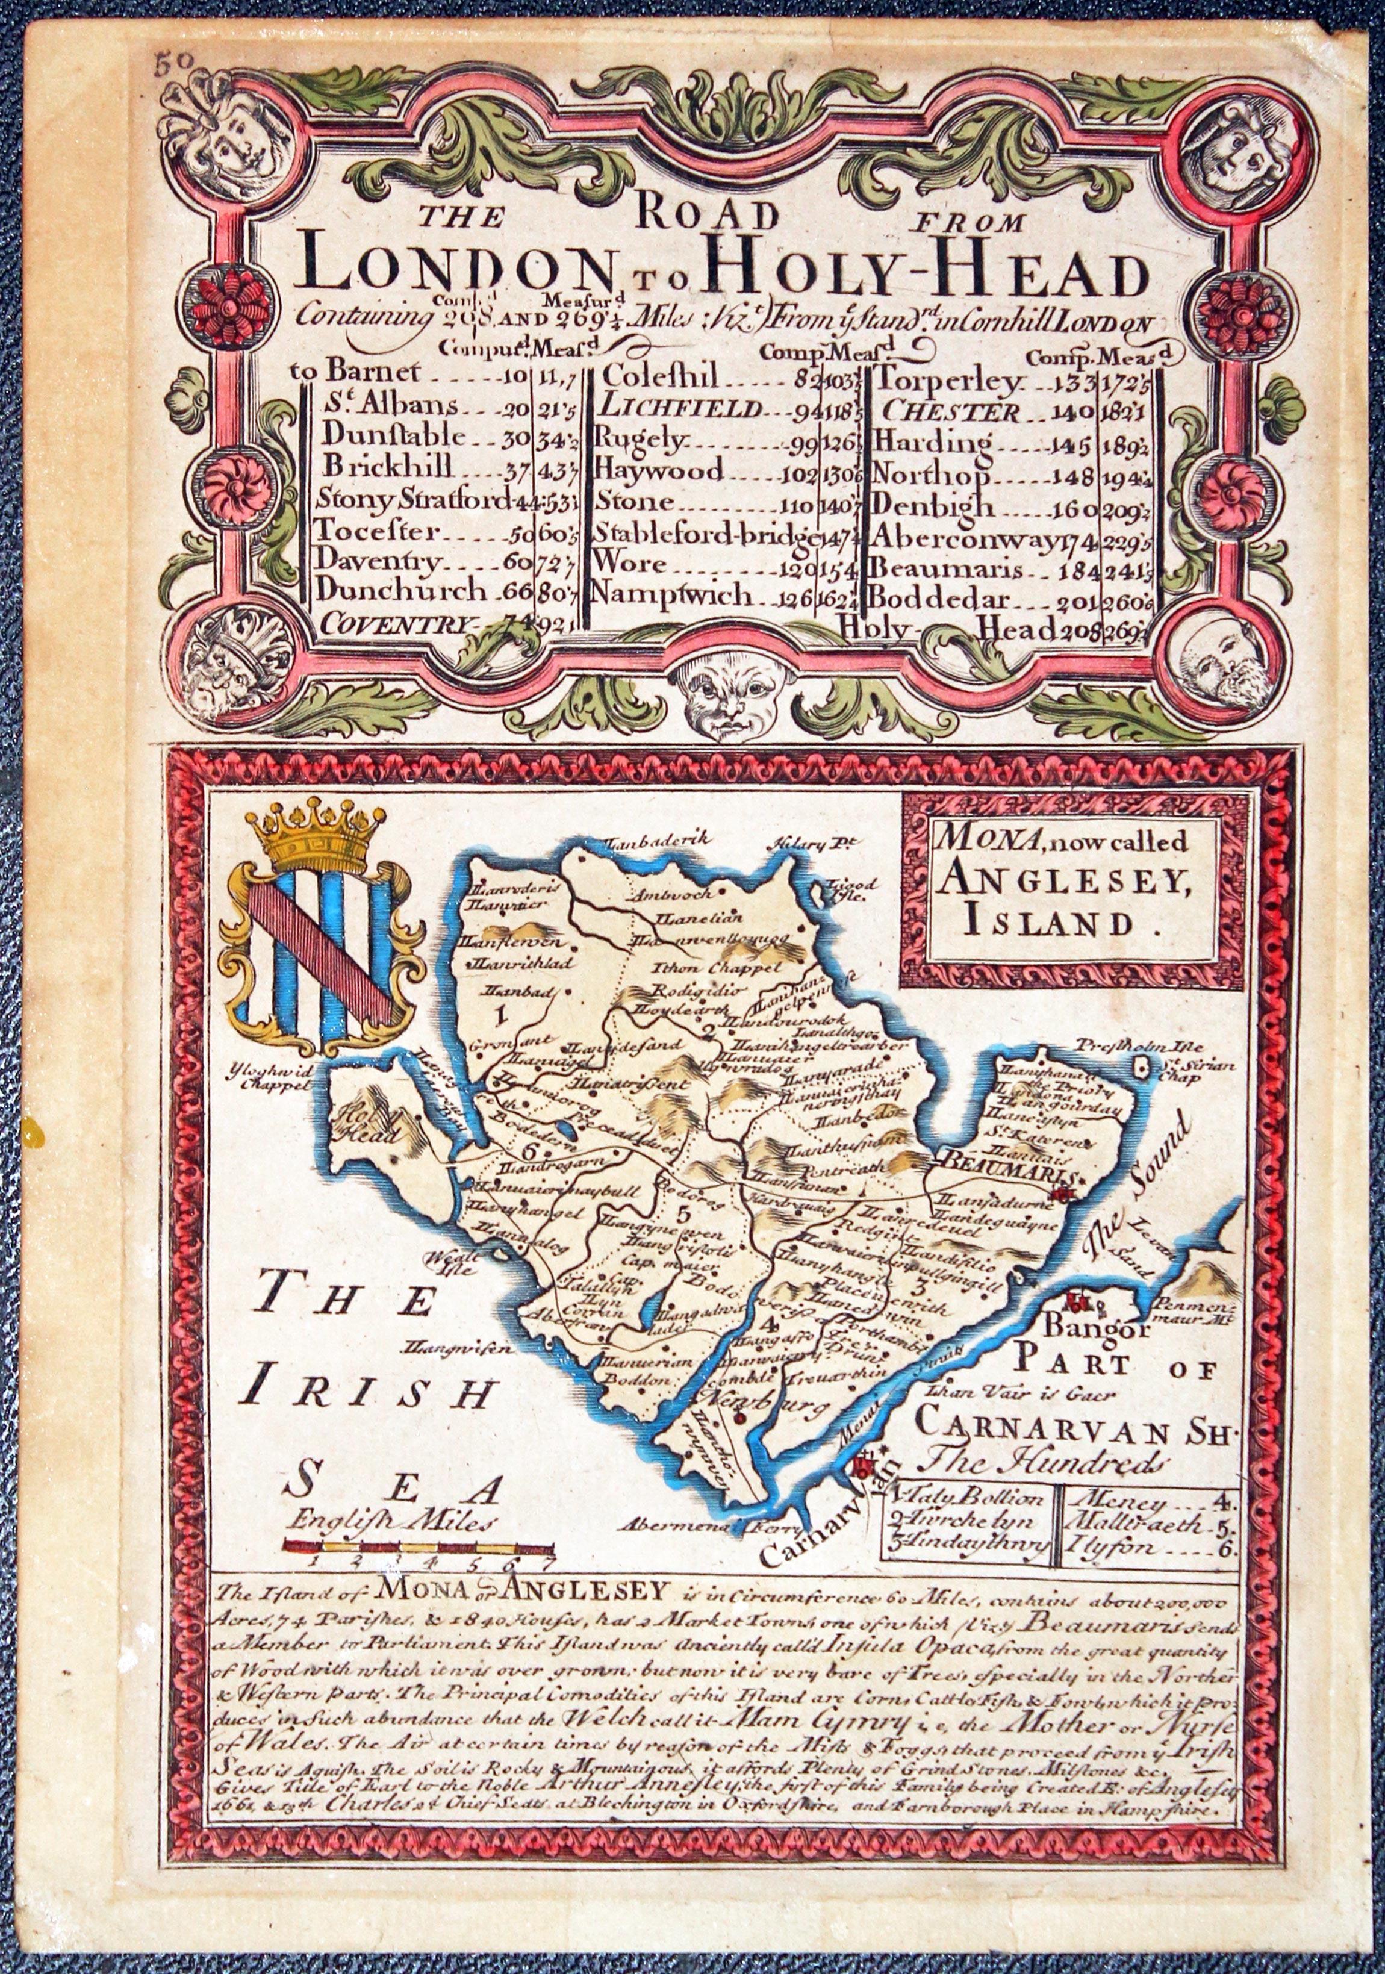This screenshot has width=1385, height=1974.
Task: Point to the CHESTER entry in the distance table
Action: pyautogui.click(x=951, y=410)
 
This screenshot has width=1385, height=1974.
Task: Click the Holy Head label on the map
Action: pyautogui.click(x=374, y=1126)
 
